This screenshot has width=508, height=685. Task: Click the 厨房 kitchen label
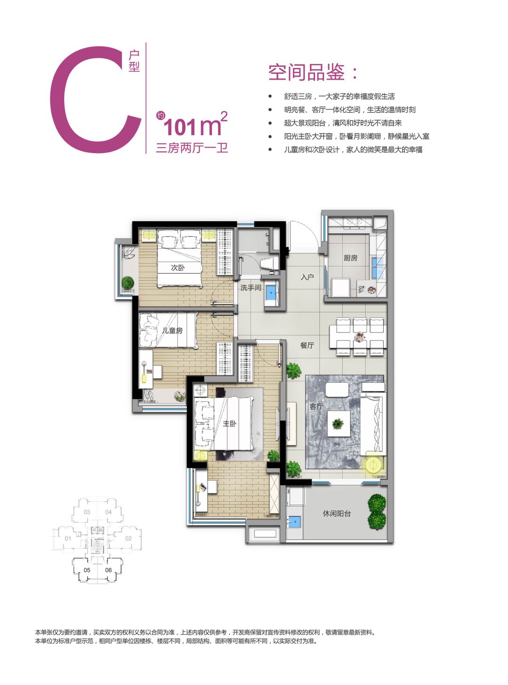click(x=350, y=258)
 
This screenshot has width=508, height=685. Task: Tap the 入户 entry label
click(x=307, y=277)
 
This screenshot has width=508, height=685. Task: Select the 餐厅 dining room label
click(x=307, y=346)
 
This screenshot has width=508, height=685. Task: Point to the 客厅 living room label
click(x=316, y=406)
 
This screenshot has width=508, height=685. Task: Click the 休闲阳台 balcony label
click(x=337, y=514)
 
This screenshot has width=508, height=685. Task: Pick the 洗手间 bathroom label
click(x=250, y=288)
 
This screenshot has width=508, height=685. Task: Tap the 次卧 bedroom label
click(x=177, y=267)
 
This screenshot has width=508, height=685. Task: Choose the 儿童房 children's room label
click(x=172, y=330)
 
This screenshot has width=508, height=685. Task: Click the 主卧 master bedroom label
click(x=230, y=424)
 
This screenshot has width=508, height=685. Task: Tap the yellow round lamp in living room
click(x=373, y=465)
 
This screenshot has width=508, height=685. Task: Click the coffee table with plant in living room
click(x=338, y=423)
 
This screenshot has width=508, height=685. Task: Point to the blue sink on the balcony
click(x=294, y=522)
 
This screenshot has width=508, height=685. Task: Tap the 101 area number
click(x=179, y=127)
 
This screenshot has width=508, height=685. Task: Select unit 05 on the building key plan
click(x=87, y=570)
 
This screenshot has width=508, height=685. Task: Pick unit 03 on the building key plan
click(x=87, y=512)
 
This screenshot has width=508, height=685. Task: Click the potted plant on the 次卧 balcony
click(x=127, y=282)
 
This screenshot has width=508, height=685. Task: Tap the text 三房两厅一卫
click(x=192, y=148)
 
